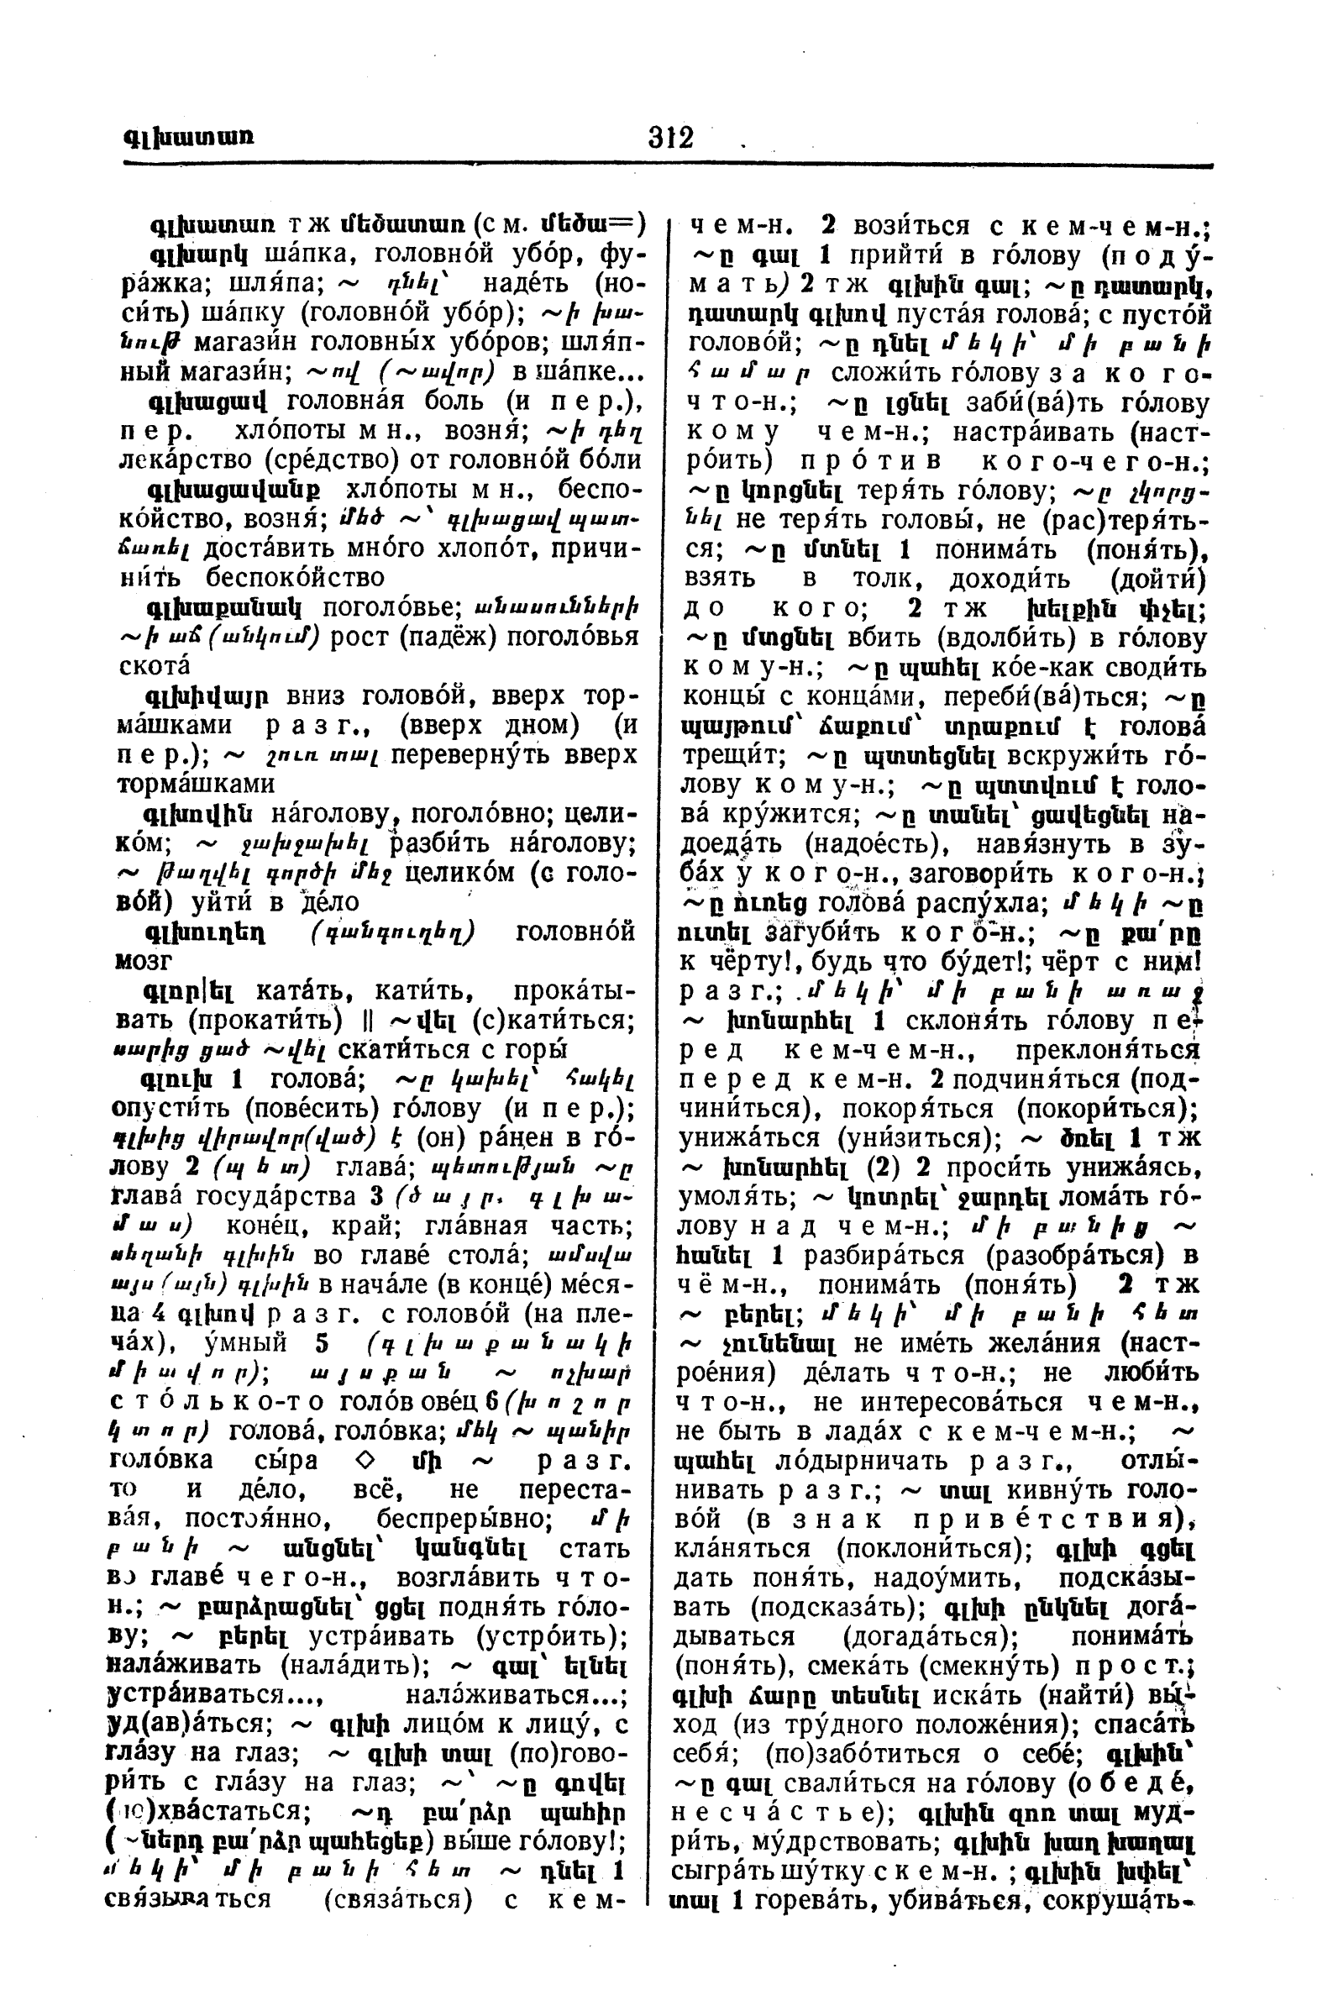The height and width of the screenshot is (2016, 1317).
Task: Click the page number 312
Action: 670,136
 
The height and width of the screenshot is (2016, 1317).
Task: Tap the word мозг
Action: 142,961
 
